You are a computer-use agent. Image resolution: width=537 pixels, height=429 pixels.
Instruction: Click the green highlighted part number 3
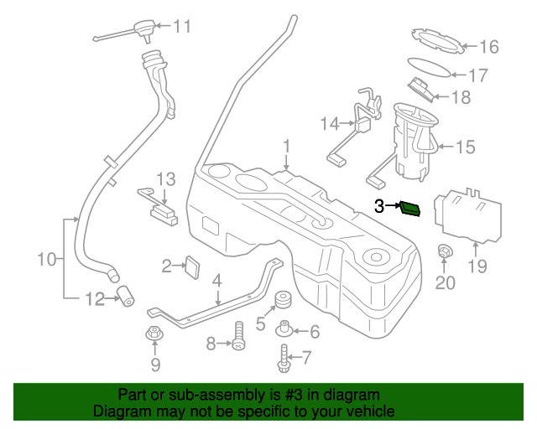click(x=411, y=207)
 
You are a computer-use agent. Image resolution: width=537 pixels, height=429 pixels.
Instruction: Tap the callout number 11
click(x=182, y=26)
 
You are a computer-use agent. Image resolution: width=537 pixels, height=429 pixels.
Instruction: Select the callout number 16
click(x=488, y=47)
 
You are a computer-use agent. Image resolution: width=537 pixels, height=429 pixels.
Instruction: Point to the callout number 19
click(x=477, y=267)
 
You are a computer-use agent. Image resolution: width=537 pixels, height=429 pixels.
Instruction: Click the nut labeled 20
click(x=444, y=251)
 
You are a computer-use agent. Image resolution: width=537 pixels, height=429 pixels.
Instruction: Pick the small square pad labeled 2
click(x=192, y=266)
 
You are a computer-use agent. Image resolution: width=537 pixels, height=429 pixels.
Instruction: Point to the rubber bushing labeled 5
click(x=283, y=300)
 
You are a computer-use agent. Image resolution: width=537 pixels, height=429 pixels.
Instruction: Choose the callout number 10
click(x=45, y=261)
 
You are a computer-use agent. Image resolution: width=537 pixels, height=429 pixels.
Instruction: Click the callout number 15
click(x=465, y=147)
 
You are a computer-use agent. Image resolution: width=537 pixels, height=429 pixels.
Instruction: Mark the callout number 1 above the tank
click(x=286, y=147)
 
